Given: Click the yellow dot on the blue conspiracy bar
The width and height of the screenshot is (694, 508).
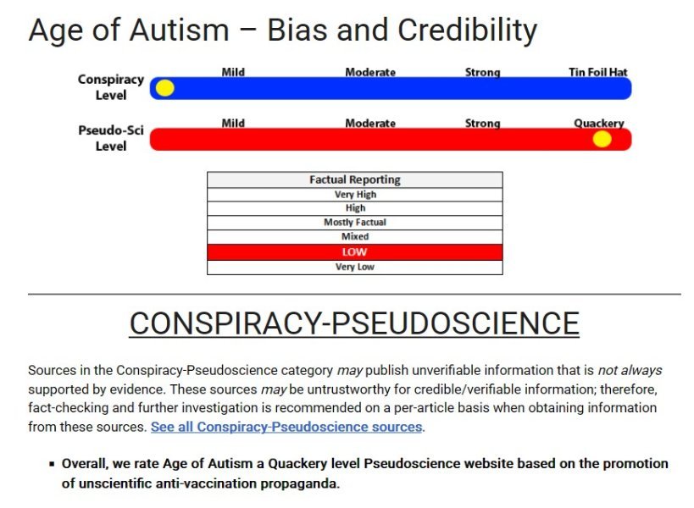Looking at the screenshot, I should tap(165, 88).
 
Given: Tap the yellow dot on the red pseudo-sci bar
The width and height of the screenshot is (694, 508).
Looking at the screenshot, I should tap(602, 139).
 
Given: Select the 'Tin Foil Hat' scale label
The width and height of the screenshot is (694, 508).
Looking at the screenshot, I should tap(597, 72).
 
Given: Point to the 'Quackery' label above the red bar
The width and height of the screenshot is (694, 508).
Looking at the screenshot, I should tap(598, 123).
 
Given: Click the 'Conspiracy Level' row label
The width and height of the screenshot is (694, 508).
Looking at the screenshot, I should tap(111, 87).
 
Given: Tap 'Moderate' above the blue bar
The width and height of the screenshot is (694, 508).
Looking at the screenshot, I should tap(370, 72).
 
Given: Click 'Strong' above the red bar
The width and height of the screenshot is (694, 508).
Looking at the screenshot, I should tap(482, 123).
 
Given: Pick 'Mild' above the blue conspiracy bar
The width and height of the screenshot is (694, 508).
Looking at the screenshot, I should tap(233, 72).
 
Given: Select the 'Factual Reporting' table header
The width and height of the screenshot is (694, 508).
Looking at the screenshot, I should tap(354, 179).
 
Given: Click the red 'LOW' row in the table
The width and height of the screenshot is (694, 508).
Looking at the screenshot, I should tap(354, 252).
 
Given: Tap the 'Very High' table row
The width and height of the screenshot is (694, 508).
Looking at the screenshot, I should tap(354, 195).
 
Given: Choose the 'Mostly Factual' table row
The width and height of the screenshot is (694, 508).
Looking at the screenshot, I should tap(354, 223).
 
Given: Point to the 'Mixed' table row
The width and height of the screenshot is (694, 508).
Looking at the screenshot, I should tap(354, 237).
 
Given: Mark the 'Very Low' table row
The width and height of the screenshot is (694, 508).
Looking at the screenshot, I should tap(354, 268).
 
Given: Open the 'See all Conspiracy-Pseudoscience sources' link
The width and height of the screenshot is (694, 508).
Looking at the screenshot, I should tap(286, 427).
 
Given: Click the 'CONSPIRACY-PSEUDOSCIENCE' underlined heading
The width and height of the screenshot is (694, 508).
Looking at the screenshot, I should tap(353, 323).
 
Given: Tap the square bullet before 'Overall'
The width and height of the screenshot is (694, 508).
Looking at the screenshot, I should tap(52, 465).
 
